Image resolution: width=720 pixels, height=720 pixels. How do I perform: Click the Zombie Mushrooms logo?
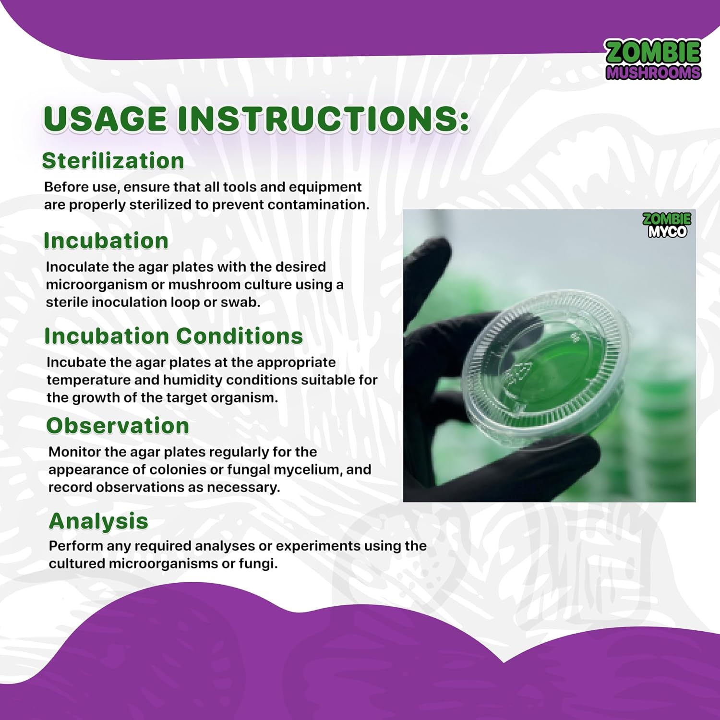point(653,60)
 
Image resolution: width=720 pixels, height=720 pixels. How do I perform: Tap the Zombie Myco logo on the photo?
point(667,225)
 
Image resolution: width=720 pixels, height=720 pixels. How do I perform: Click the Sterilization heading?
point(113,161)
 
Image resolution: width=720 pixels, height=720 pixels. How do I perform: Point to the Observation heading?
point(118,426)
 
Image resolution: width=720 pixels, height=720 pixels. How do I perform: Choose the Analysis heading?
point(98,521)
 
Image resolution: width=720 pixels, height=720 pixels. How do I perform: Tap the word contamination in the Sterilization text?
point(318,205)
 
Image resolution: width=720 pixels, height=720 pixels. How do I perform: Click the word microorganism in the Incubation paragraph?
point(96,285)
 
